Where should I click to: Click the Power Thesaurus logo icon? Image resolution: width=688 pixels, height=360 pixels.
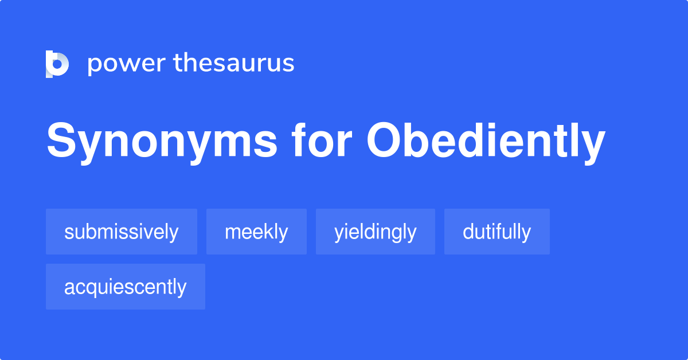tap(57, 64)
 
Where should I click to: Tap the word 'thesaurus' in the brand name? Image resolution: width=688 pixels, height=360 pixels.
tap(234, 64)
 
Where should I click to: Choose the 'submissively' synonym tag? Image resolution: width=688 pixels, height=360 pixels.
tap(122, 232)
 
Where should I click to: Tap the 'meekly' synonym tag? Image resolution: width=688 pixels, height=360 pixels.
tap(256, 232)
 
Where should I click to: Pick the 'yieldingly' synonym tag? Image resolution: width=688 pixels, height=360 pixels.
tap(376, 232)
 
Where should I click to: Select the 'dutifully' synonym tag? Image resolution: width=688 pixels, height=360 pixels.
tap(497, 232)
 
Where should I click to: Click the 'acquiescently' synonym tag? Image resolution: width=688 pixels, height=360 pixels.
tap(126, 287)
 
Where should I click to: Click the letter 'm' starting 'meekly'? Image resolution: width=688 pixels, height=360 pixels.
tap(231, 233)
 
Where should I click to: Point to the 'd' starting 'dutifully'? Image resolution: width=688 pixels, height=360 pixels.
tap(468, 232)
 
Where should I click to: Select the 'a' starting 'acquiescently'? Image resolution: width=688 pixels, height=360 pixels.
tap(68, 288)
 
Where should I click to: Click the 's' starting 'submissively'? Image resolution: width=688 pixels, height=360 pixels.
tap(68, 233)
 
